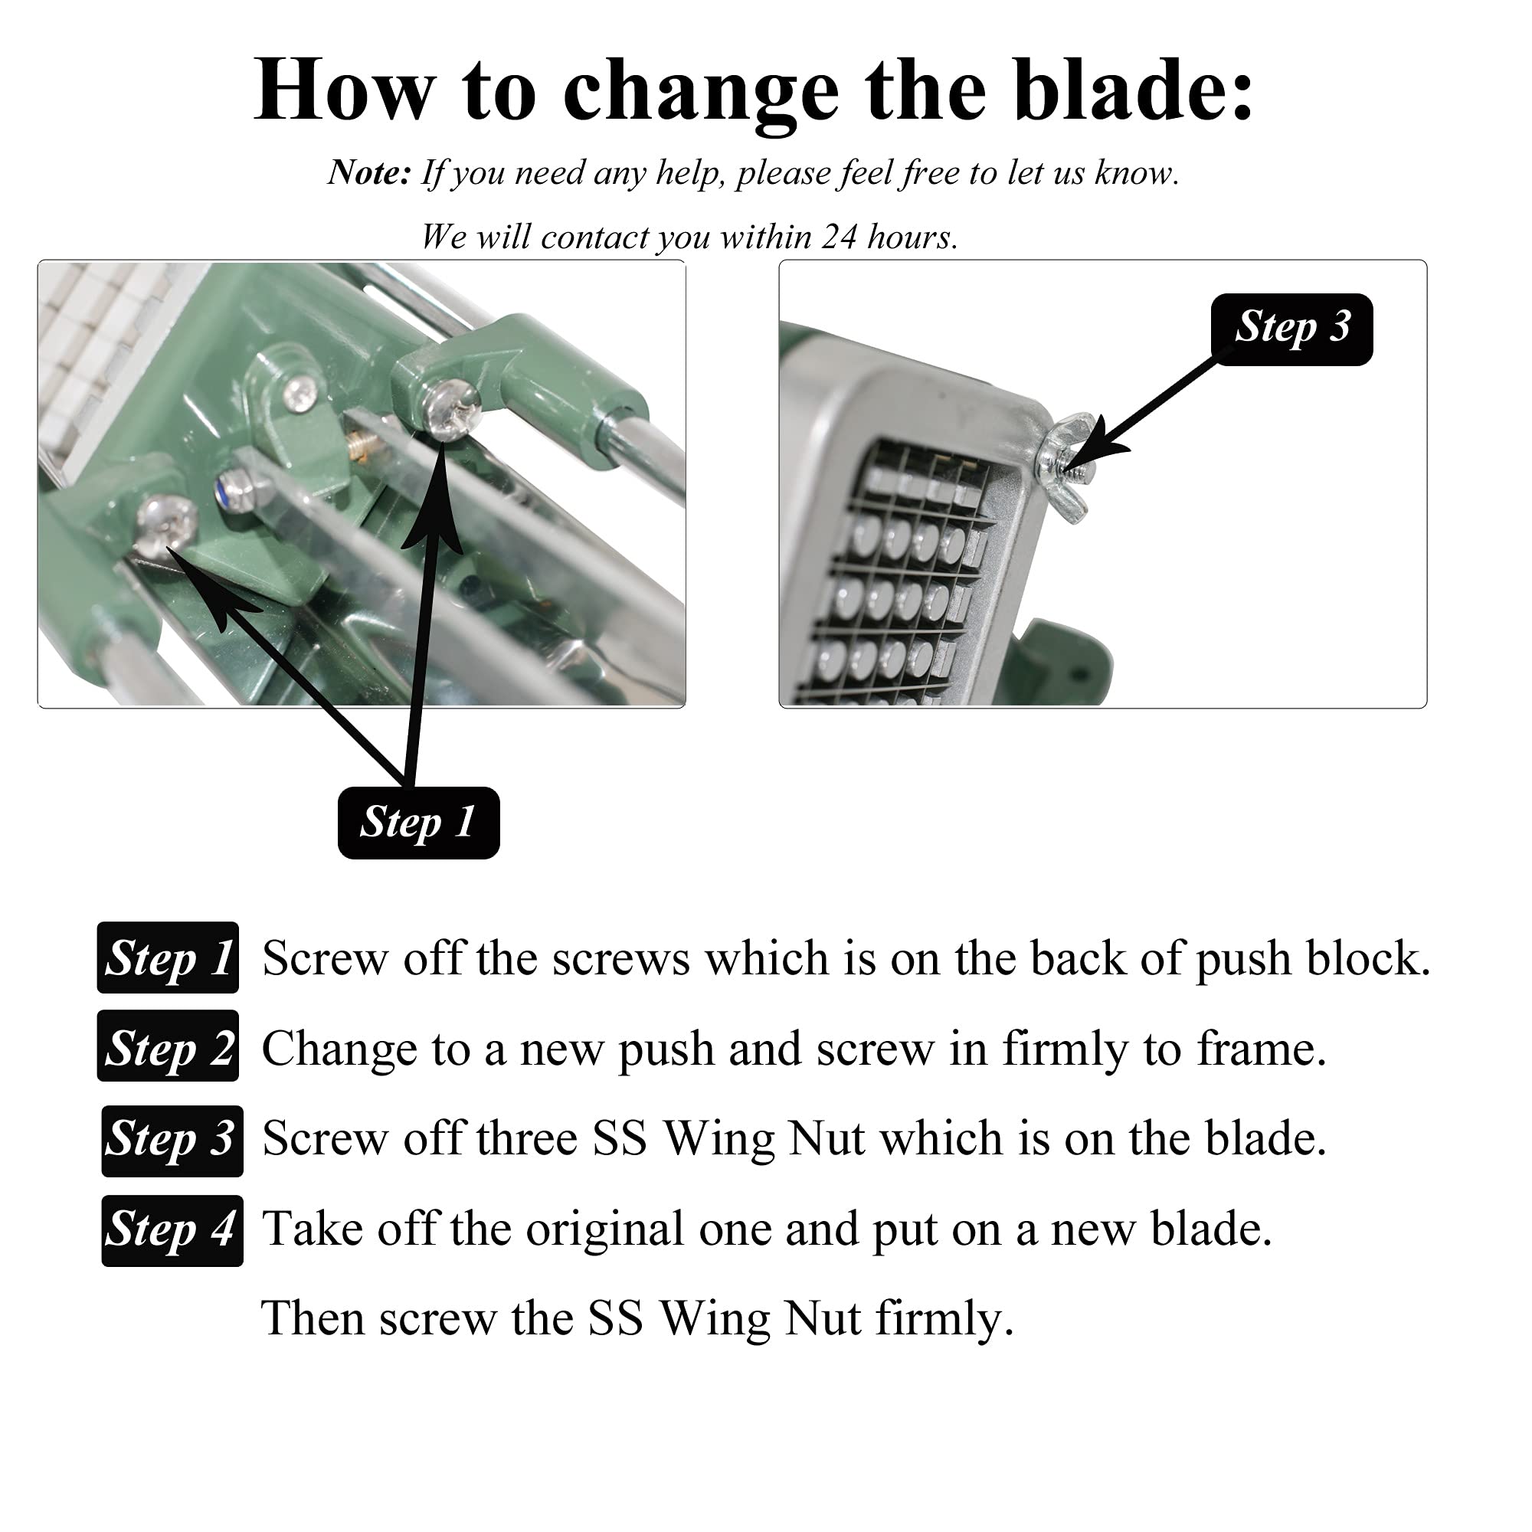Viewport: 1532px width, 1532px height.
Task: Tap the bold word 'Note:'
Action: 369,172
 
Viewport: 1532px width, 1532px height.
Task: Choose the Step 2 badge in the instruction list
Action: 168,1047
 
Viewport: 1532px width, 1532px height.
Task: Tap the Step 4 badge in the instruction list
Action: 172,1229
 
